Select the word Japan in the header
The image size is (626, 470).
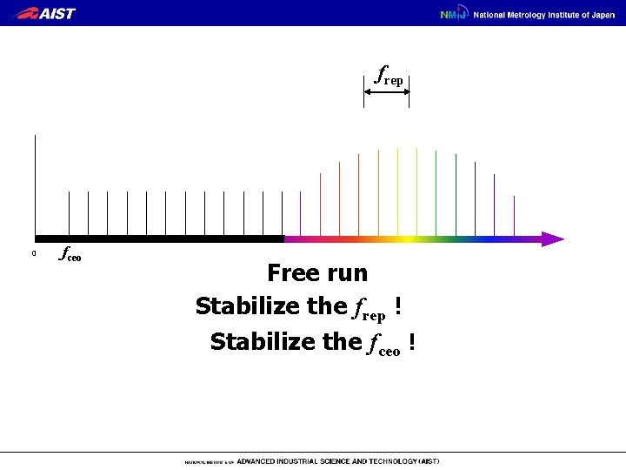pos(601,14)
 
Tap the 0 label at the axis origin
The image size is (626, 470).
pos(33,254)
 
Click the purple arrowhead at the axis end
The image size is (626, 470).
pos(553,238)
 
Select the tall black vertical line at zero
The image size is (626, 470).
pos(36,183)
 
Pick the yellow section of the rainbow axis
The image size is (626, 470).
pos(404,238)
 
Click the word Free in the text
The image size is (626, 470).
pos(292,273)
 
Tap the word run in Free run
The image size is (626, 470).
pos(347,273)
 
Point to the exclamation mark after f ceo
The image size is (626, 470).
pos(410,341)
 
